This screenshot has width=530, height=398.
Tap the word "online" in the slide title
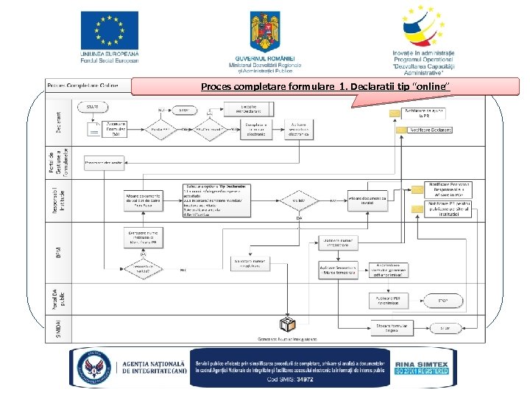pyautogui.click(x=431, y=88)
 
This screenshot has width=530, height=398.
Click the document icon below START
pyautogui.click(x=93, y=130)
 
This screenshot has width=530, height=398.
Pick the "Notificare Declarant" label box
pyautogui.click(x=430, y=130)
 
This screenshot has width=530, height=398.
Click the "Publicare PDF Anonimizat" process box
pyautogui.click(x=385, y=300)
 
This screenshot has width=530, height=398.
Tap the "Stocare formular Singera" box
pyautogui.click(x=385, y=327)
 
